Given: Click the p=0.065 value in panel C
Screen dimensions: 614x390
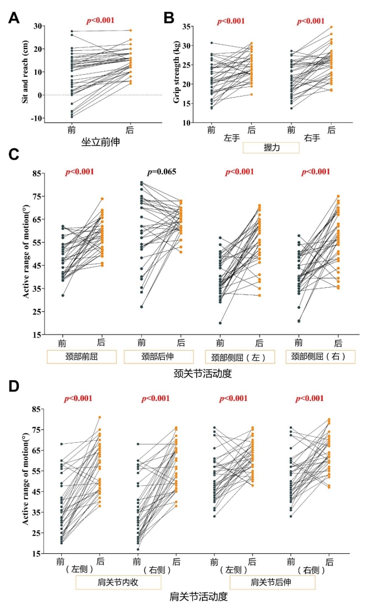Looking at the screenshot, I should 161,172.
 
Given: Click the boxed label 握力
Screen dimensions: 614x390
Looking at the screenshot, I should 271,148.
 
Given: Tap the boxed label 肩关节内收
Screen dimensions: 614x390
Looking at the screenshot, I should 119,583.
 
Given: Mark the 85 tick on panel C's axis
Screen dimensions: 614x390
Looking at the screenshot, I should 36,173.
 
